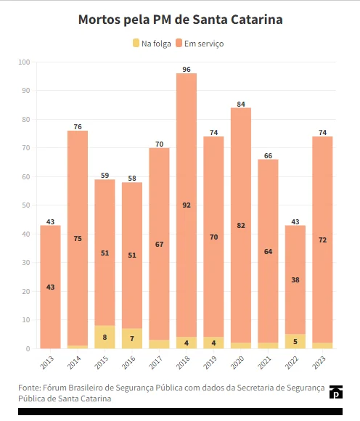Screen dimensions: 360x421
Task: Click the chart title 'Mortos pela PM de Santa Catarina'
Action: [x=181, y=20]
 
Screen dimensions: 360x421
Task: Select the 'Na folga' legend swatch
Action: [x=136, y=44]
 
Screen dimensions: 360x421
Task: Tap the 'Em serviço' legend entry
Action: [x=200, y=44]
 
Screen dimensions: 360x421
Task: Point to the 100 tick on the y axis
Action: [x=24, y=62]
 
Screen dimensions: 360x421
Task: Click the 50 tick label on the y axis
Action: [x=26, y=205]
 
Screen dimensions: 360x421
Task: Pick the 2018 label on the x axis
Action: [x=183, y=362]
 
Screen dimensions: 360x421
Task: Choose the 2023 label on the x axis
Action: [x=319, y=362]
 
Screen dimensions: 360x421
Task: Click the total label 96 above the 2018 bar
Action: [x=187, y=70]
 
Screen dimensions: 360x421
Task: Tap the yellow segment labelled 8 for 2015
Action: [x=105, y=337]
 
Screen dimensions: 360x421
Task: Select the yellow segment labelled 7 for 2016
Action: [x=132, y=338]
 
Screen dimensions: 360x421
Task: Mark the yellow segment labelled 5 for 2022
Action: [x=295, y=341]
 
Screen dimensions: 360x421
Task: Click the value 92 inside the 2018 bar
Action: [x=187, y=205]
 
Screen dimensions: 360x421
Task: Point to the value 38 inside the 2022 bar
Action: [x=295, y=280]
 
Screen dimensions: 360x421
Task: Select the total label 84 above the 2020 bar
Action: [x=241, y=105]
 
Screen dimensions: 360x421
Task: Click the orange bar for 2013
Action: [x=51, y=287]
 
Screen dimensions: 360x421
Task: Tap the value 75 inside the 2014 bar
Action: [x=78, y=238]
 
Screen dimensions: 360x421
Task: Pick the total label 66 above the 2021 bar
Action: [x=269, y=156]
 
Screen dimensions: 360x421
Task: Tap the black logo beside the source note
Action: [x=336, y=392]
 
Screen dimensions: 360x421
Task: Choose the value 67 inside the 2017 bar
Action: [x=159, y=245]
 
